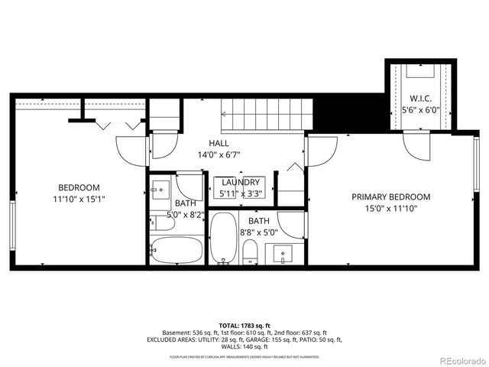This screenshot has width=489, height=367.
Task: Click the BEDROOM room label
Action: (79, 187)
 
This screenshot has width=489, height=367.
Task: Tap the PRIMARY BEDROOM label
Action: (390, 196)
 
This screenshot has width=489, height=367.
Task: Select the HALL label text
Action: (219, 143)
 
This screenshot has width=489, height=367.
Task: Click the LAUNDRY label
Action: (241, 182)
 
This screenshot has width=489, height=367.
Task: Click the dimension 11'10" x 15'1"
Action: (79, 199)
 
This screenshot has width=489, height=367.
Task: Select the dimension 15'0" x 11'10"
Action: (390, 208)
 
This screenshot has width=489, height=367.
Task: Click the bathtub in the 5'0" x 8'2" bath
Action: (176, 250)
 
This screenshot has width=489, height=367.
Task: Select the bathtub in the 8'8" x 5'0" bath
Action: (223, 239)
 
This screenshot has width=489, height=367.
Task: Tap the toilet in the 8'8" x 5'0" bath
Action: (250, 252)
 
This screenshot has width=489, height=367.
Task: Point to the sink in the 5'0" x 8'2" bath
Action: (160, 188)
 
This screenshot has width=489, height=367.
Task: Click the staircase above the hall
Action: (267, 115)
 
